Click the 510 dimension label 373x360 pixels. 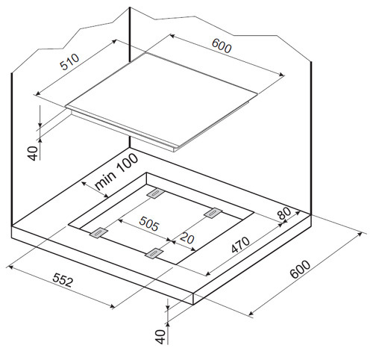coord(69,62)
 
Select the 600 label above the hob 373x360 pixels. coord(222,46)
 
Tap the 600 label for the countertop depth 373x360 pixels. coord(301,269)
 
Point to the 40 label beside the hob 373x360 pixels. coord(33,153)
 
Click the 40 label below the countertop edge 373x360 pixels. coord(160,337)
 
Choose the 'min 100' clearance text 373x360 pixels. coord(116,172)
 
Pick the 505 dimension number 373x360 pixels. coord(148,223)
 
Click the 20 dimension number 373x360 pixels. coord(186,238)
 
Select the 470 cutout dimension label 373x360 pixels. coord(240,245)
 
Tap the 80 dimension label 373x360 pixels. coord(284,213)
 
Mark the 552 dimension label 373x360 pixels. coord(63,280)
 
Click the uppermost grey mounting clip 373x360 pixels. coord(155,193)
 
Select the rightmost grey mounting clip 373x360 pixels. coord(213,213)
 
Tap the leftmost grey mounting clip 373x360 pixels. coord(98,232)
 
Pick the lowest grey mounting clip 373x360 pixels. coord(154,253)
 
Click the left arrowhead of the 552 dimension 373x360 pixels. coord(10,267)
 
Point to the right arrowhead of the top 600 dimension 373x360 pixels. coord(281,74)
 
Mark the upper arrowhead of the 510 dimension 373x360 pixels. coord(114,42)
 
